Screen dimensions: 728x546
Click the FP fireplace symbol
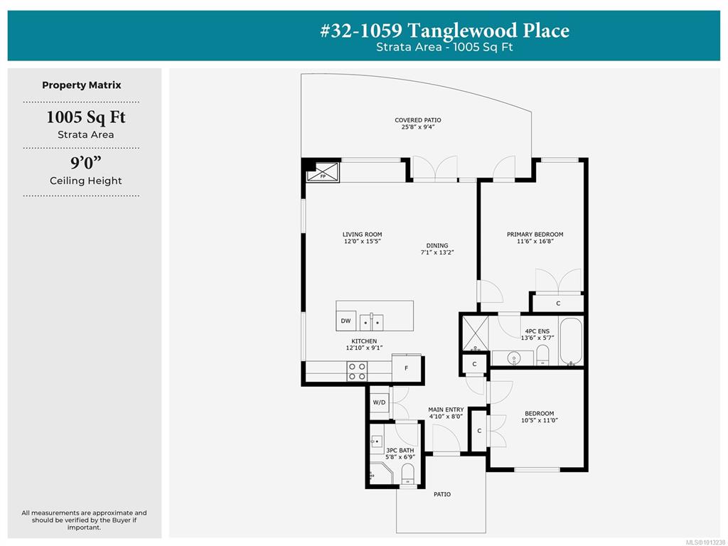323,171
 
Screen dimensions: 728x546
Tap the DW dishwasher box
346,321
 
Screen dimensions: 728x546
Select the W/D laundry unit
380,402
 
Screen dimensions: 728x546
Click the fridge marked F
406,368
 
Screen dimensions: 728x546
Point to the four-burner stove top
357,371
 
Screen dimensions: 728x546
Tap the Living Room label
362,235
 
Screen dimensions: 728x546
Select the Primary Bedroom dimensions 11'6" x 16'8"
535,242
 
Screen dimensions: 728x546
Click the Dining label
437,245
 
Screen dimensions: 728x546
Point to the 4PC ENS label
537,331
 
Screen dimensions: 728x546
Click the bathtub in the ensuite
571,341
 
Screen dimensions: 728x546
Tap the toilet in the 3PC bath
407,474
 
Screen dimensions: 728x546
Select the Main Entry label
446,409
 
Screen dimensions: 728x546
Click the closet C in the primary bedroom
558,303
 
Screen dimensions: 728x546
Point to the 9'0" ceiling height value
86,163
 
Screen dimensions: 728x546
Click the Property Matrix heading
82,85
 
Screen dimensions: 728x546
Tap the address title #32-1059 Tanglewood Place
445,31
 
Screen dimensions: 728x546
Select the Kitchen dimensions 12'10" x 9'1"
364,348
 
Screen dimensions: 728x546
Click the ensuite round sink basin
513,358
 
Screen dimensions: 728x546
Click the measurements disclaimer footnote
84,520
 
